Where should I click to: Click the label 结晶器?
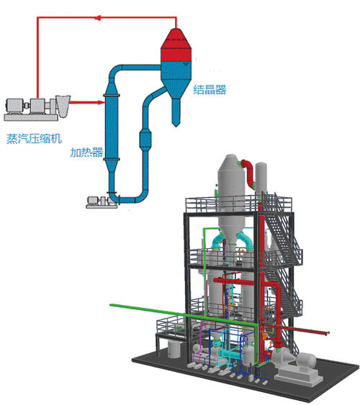click(x=210, y=90)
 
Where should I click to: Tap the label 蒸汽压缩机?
click(x=34, y=138)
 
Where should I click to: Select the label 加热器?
click(x=86, y=153)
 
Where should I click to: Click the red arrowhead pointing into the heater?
click(x=101, y=103)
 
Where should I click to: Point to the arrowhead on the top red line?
click(x=97, y=18)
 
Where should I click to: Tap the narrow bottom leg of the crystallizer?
click(x=176, y=112)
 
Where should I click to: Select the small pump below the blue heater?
click(x=102, y=201)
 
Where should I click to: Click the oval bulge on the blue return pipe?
click(x=145, y=140)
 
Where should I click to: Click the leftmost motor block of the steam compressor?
click(x=14, y=106)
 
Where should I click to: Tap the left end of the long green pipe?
click(x=111, y=305)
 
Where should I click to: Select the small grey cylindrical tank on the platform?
click(x=174, y=349)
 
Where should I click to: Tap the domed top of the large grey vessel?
click(x=231, y=161)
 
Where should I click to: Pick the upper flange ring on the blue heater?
click(x=112, y=95)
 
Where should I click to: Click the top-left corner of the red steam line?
click(x=37, y=18)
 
